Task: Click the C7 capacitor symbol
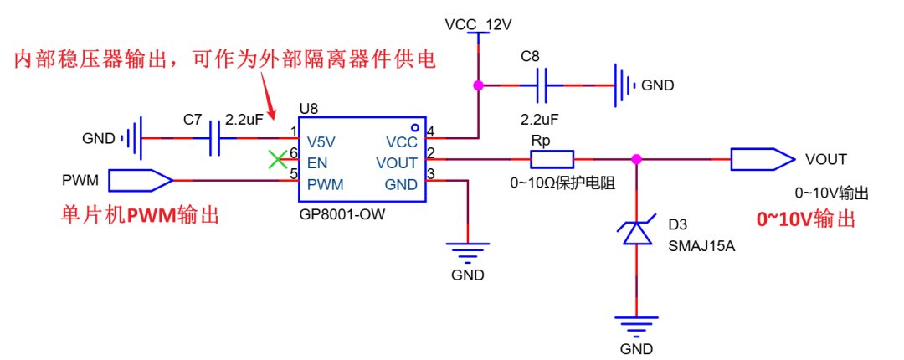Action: pyautogui.click(x=215, y=138)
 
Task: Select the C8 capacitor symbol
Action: pyautogui.click(x=542, y=85)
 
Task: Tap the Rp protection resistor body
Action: pyautogui.click(x=552, y=159)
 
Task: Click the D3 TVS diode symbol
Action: pyautogui.click(x=636, y=233)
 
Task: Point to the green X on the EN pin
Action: pyautogui.click(x=278, y=159)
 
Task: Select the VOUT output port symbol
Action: pyautogui.click(x=762, y=159)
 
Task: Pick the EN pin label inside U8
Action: pyautogui.click(x=317, y=163)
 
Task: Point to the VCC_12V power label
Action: pyautogui.click(x=478, y=25)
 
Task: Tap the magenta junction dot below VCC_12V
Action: pyautogui.click(x=478, y=85)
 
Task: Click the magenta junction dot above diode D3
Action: pyautogui.click(x=636, y=159)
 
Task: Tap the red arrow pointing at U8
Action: pyautogui.click(x=270, y=95)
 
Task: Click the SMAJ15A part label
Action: pyautogui.click(x=702, y=247)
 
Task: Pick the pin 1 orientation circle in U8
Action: pyautogui.click(x=414, y=127)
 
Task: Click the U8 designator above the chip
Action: pyautogui.click(x=309, y=108)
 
